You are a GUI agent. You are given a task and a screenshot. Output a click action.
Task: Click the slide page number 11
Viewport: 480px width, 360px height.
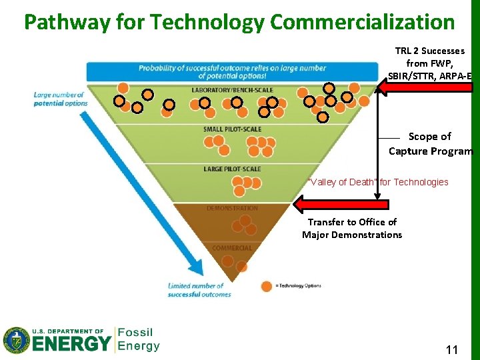tap(451, 349)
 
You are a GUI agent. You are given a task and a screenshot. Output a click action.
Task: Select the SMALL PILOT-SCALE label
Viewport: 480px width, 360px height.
tap(232, 129)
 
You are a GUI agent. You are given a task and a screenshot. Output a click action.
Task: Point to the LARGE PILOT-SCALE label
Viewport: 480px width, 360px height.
tap(232, 169)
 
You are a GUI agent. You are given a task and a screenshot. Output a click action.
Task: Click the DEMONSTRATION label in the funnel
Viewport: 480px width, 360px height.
tap(232, 208)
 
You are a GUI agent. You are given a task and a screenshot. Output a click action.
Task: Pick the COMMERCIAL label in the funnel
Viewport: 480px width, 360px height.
tap(232, 248)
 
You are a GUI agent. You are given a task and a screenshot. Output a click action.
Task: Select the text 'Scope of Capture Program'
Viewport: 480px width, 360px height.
tap(430, 143)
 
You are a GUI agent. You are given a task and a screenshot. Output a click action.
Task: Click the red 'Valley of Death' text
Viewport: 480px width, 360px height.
tap(377, 182)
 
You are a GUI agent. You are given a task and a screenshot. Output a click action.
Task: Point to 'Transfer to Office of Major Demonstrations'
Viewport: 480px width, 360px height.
tap(352, 228)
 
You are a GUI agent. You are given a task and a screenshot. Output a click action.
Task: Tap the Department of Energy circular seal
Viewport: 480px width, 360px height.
tap(17, 340)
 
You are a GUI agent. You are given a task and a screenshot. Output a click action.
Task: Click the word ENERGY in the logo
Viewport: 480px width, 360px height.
tap(72, 344)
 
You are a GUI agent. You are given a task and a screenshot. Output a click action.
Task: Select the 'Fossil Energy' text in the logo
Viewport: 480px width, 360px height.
tap(139, 339)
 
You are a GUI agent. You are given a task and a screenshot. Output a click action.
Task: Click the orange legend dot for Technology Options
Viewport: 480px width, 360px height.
tap(267, 286)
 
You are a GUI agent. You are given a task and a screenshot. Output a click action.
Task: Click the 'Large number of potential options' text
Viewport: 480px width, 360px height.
tap(61, 99)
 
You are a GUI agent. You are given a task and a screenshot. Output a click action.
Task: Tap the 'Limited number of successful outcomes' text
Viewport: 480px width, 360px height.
tap(199, 290)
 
